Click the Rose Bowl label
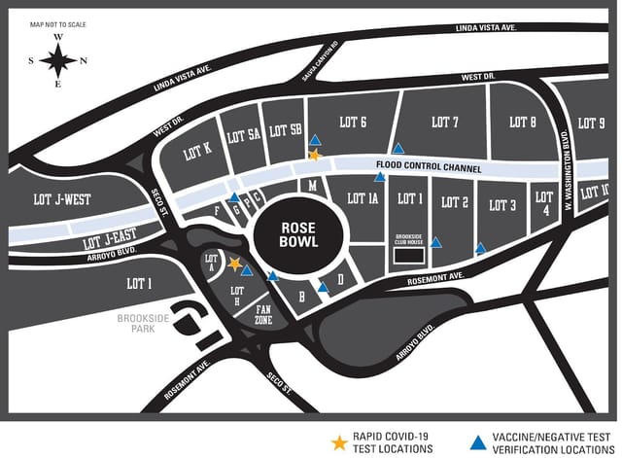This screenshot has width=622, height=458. click(x=299, y=233)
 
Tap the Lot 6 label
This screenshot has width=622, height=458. click(x=350, y=123)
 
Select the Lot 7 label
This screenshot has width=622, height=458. click(x=444, y=123)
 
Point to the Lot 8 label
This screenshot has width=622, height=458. click(x=522, y=123)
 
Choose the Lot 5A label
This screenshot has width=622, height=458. click(x=242, y=137)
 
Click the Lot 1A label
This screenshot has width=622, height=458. click(x=360, y=199)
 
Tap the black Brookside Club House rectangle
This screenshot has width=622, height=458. click(x=409, y=255)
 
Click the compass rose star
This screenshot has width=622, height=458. click(x=58, y=61)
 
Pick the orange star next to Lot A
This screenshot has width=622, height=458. click(x=234, y=263)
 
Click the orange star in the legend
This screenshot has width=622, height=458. click(x=339, y=442)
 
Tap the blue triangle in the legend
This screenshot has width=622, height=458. click(x=476, y=442)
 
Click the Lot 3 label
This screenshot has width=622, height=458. click(x=502, y=205)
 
